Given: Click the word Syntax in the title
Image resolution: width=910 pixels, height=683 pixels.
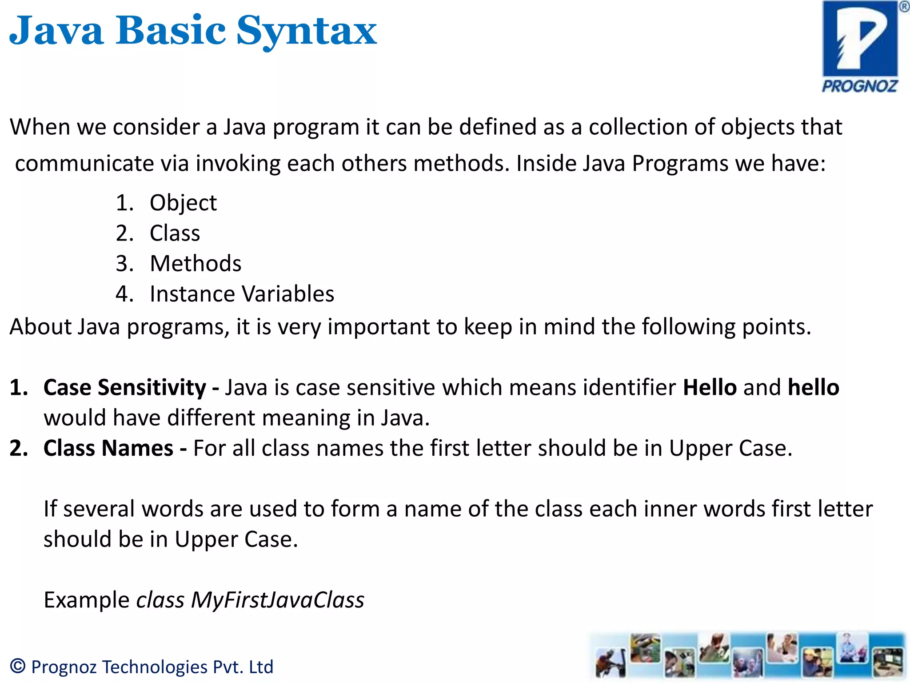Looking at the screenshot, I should point(307,31).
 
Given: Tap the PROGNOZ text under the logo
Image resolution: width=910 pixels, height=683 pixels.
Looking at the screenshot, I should point(860,86).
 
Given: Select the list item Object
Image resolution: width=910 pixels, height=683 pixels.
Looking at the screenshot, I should point(183,203).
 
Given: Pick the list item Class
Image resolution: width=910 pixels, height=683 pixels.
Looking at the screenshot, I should point(175,233).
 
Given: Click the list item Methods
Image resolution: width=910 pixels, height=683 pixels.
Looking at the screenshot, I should point(196,263).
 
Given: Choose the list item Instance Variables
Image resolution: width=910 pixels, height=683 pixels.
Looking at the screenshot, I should point(242,294).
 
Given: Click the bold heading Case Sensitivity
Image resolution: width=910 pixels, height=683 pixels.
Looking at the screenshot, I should point(125,387).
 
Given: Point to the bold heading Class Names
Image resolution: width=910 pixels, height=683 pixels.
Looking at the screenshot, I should point(108,448).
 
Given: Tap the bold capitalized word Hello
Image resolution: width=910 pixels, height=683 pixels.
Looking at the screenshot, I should point(710,387).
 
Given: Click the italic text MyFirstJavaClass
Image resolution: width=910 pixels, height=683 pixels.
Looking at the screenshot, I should point(278,600).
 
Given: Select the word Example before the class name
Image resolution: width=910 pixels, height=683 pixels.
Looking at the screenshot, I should point(87,600).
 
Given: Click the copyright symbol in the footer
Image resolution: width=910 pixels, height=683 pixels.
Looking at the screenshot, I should point(18,666).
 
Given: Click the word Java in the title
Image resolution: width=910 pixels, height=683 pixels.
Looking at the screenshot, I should point(57,31).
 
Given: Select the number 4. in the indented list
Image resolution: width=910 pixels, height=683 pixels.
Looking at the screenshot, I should point(124,294).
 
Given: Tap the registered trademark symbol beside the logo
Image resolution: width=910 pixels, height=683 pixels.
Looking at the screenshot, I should point(904,7).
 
